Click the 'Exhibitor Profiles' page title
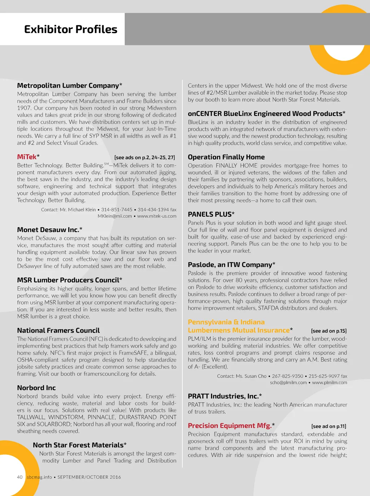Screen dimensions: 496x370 click(70, 29)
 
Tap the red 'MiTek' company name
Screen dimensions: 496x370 click(27, 157)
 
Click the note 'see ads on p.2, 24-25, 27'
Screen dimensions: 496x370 click(145, 157)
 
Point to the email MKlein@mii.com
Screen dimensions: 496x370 click(115, 216)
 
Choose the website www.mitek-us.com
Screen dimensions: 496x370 click(157, 216)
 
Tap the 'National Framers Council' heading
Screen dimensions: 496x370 click(58, 330)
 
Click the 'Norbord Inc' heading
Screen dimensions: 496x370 click(36, 388)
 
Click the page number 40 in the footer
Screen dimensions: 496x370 click(20, 477)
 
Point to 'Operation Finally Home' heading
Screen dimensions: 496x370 click(226, 157)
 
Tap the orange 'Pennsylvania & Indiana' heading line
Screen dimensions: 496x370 click(226, 322)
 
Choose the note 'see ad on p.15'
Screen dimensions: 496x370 click(329, 331)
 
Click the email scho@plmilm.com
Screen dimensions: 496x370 click(288, 383)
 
